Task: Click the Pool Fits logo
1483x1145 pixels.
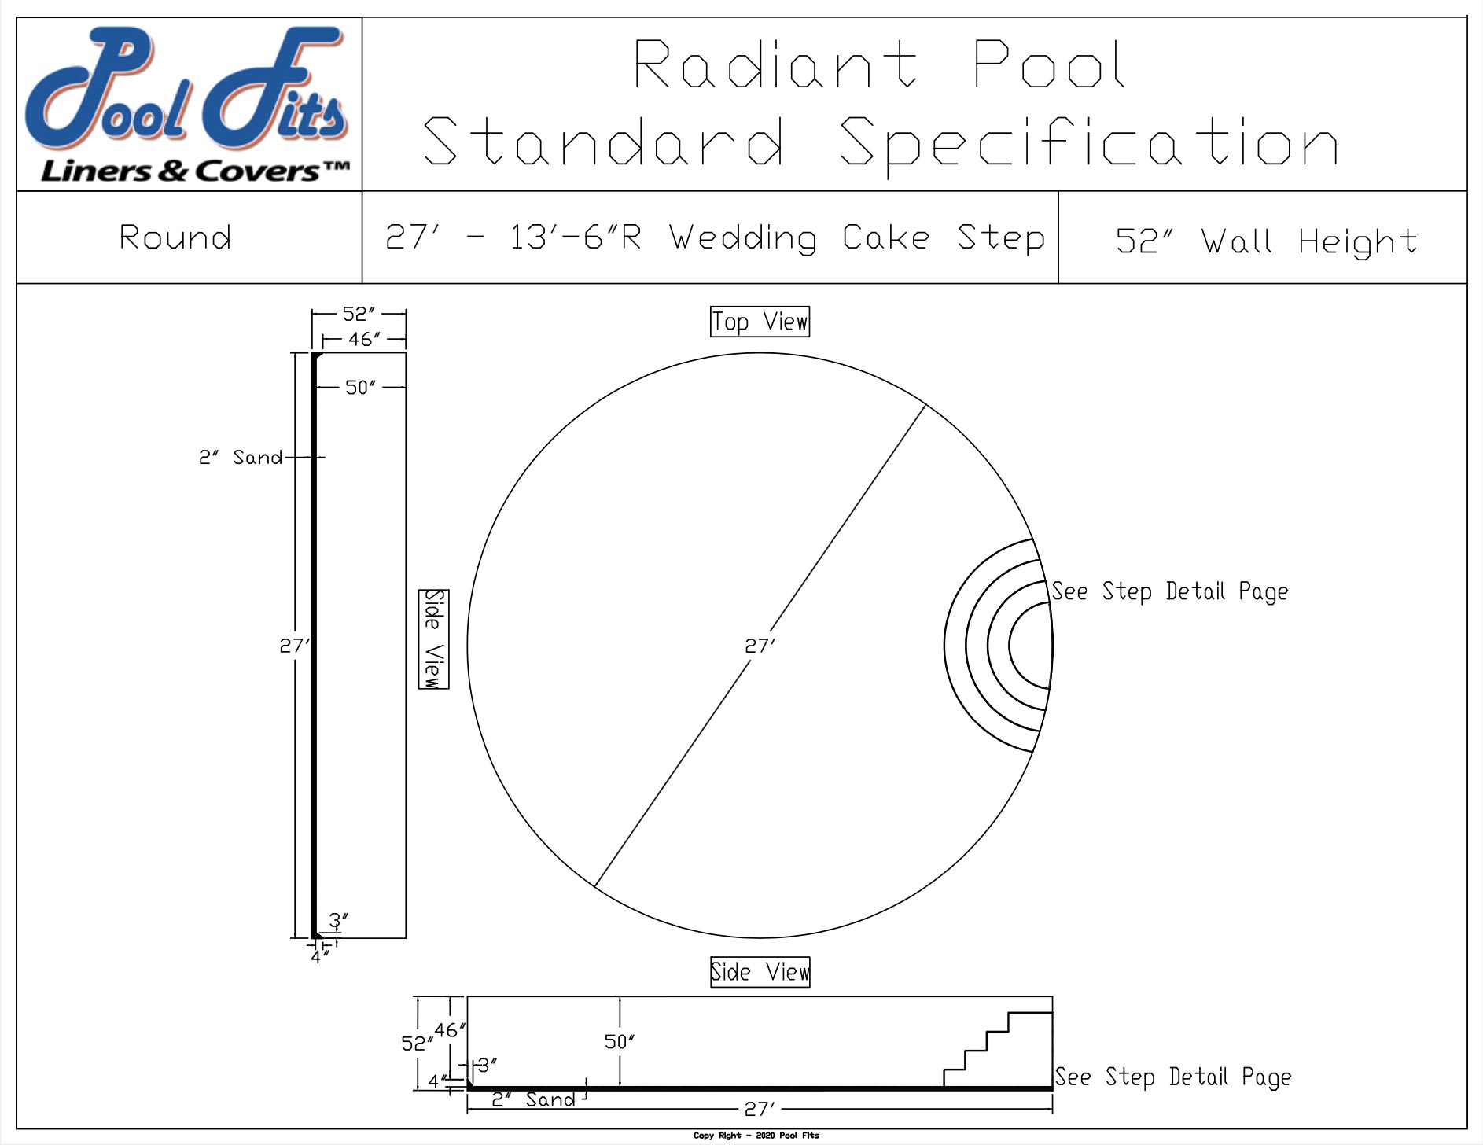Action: (189, 104)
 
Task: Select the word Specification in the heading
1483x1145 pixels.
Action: (1089, 142)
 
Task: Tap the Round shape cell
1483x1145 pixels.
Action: (175, 237)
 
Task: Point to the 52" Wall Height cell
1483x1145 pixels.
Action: (1266, 240)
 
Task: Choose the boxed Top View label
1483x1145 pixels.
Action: (760, 322)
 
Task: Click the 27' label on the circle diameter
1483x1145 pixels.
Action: (760, 646)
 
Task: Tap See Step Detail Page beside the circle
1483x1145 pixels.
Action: (1170, 591)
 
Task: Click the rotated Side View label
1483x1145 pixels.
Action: (433, 639)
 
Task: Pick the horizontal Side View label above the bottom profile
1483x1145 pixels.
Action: (760, 972)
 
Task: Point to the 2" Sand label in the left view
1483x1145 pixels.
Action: (240, 458)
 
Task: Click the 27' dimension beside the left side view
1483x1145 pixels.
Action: (294, 646)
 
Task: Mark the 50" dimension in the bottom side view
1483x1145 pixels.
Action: (620, 1042)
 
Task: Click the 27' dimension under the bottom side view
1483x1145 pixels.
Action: (760, 1109)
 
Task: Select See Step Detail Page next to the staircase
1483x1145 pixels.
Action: (1172, 1077)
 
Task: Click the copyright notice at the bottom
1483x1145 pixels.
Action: (756, 1136)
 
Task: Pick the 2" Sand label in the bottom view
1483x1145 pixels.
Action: (533, 1099)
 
